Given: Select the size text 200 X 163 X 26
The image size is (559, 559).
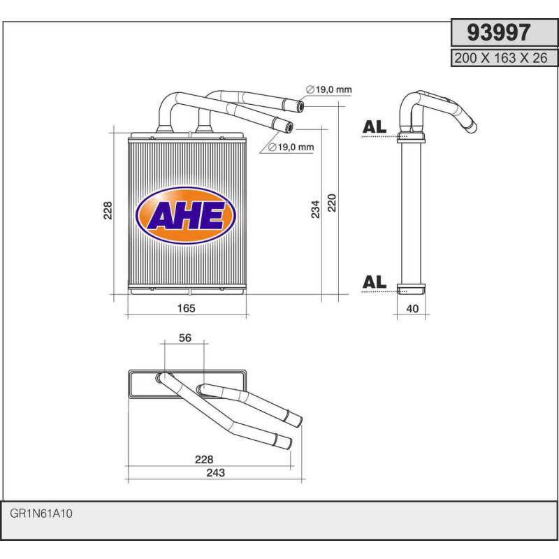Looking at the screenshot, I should [500, 59].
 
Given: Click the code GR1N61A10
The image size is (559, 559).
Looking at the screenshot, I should [42, 514].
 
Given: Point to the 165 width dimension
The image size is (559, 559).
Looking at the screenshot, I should [186, 308].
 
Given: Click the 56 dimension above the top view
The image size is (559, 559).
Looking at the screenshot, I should [185, 338].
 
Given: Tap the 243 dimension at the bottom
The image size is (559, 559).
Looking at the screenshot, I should [215, 472].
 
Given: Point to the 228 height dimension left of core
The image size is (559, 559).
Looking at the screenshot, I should [108, 210].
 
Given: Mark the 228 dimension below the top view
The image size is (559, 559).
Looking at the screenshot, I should [203, 459].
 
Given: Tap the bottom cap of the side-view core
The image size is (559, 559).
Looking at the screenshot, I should [411, 288].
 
